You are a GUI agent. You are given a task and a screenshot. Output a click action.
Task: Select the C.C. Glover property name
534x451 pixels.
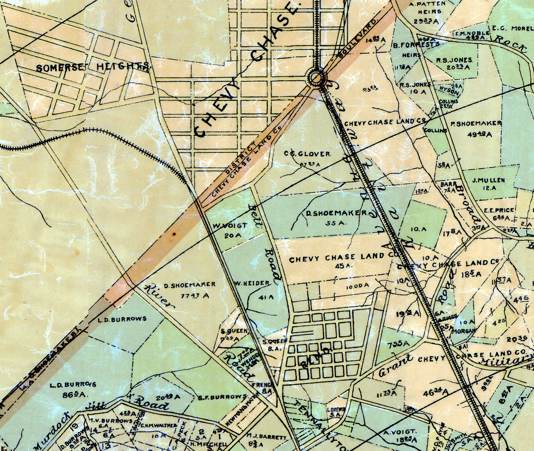(x=307, y=154)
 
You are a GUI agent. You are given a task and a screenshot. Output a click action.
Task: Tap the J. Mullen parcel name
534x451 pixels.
(x=488, y=180)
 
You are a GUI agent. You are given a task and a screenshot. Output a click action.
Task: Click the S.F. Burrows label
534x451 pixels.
(x=222, y=396)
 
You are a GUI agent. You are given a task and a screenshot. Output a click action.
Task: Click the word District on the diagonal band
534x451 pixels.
(x=241, y=159)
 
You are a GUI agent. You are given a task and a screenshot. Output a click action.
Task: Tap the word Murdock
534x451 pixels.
(x=47, y=441)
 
